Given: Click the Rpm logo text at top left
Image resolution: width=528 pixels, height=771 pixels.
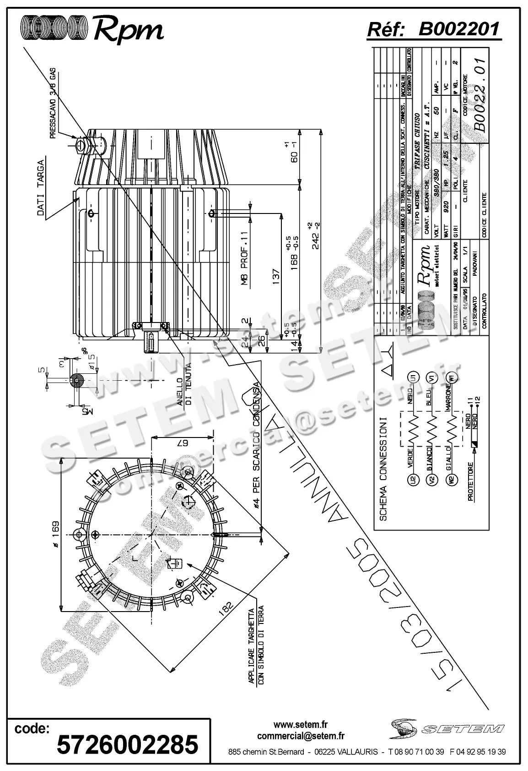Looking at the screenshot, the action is [128, 30].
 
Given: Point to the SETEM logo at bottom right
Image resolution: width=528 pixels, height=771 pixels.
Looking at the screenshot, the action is [447, 728].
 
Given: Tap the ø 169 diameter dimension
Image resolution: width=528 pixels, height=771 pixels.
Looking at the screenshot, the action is [54, 535].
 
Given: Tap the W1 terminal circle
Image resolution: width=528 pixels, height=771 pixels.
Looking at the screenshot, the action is [452, 378].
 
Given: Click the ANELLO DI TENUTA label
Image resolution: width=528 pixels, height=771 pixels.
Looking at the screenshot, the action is [183, 384].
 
